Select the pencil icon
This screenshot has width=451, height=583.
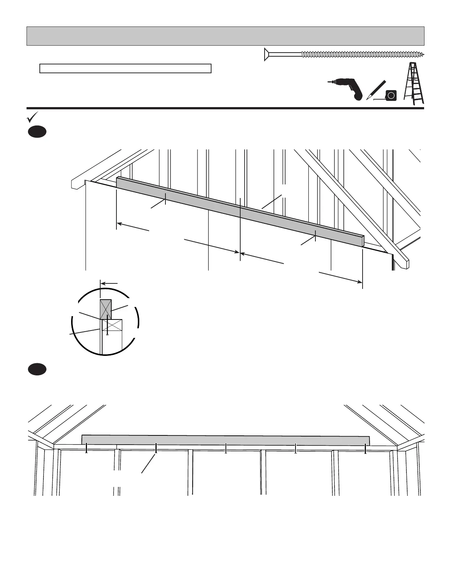[376, 89]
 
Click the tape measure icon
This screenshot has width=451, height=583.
[391, 96]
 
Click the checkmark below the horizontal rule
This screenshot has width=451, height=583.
[32, 117]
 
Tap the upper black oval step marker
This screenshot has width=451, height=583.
[37, 132]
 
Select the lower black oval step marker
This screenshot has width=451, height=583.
[37, 369]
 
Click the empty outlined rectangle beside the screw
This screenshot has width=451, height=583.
[125, 68]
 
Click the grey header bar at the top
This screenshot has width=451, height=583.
[225, 36]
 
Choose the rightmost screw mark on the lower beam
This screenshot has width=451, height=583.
[365, 448]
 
